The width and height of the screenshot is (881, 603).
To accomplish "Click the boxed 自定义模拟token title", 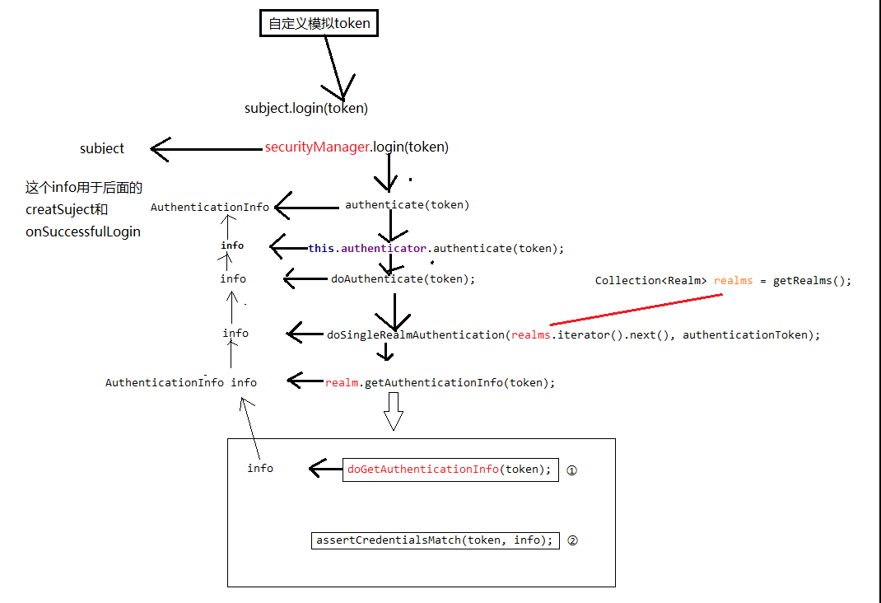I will click(319, 24).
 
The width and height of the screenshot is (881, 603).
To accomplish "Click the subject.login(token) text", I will click(306, 109).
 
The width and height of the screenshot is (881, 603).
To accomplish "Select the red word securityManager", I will click(317, 147).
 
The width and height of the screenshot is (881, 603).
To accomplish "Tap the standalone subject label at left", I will click(102, 149).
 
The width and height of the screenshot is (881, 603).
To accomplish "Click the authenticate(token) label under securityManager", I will click(407, 205).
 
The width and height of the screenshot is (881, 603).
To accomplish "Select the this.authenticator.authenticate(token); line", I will click(436, 248).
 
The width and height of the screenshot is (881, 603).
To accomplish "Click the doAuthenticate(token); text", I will click(403, 279).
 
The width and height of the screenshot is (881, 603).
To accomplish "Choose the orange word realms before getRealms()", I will click(733, 281).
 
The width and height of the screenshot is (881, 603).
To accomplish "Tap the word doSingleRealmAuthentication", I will click(415, 335).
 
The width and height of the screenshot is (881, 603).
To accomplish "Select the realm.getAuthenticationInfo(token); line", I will click(440, 383).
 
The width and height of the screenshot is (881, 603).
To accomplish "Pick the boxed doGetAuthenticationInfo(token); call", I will click(450, 470).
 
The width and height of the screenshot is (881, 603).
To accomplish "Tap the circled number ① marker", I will click(572, 470).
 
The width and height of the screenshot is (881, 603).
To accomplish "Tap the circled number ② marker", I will click(573, 541).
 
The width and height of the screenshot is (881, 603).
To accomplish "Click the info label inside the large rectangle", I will click(260, 469).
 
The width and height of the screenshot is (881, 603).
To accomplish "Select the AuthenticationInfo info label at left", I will click(180, 383).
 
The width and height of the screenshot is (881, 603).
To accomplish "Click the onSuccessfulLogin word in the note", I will click(82, 232).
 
